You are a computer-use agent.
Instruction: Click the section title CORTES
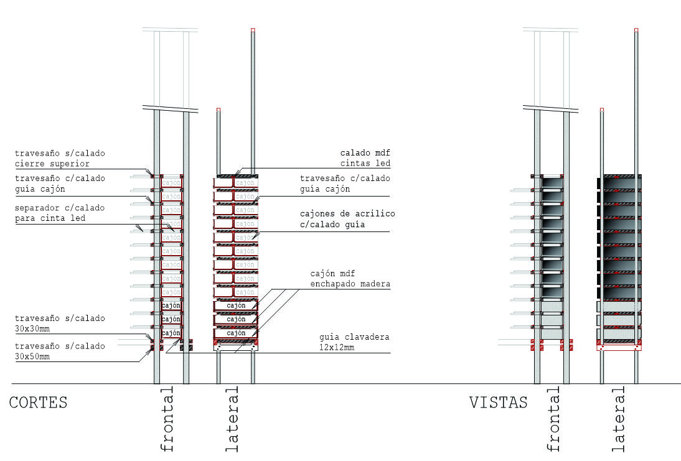pos(38,403)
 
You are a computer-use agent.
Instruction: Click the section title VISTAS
pos(498,403)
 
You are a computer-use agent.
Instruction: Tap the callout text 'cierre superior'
pos(52,164)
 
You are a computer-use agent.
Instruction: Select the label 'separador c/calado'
pos(60,207)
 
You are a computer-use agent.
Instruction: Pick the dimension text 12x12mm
pos(337,347)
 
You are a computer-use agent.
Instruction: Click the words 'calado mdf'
pos(365,152)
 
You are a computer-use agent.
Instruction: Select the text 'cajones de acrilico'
pos(347,214)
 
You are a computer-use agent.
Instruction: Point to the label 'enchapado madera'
pos(350,284)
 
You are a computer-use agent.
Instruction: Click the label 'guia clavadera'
pos(354,337)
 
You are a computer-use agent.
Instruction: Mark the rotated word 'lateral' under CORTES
pos(232,419)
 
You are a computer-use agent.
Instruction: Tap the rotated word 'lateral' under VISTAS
pos(618,419)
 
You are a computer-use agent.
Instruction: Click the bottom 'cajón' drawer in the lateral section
pos(236,333)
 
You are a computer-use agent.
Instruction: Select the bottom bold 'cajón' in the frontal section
pos(171,333)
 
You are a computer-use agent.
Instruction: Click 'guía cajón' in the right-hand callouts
pos(325,189)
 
